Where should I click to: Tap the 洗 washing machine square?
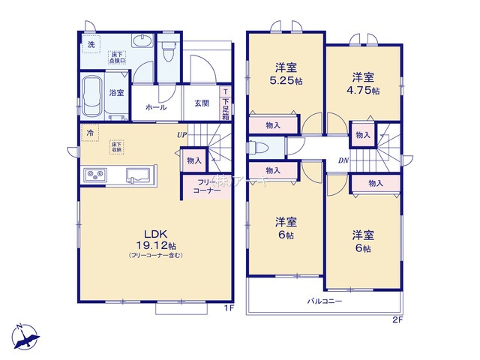coord(91,45)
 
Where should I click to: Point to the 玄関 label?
coord(202,103)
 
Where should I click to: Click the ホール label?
coord(156,108)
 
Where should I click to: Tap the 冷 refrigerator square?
coord(91,133)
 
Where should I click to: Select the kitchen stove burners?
coord(97,175)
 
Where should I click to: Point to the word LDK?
coord(156,232)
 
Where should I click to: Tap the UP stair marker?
coord(182,135)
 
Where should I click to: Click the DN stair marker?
coord(343,160)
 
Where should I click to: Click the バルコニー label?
coord(324,301)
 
